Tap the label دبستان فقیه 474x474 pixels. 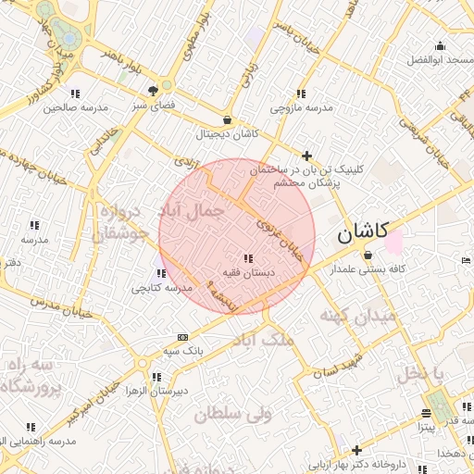(x=245, y=273)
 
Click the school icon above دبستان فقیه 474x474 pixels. (x=246, y=258)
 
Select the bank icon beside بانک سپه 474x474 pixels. (x=182, y=337)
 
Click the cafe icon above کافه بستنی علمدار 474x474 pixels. (x=368, y=255)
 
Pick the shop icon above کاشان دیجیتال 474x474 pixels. (x=228, y=119)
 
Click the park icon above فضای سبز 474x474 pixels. (x=153, y=91)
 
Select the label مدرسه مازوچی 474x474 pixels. (x=301, y=108)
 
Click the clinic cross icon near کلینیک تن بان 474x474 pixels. (x=307, y=156)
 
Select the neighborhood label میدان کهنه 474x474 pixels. (x=357, y=317)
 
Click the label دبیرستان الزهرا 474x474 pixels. (x=157, y=391)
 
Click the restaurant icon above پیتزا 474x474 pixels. (x=426, y=413)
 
